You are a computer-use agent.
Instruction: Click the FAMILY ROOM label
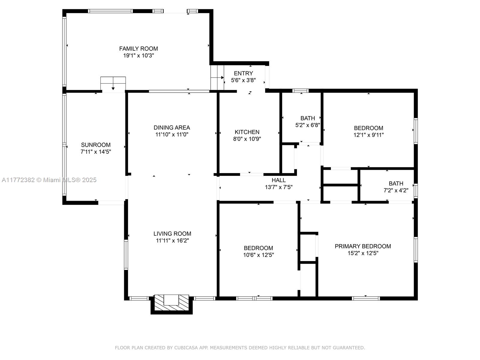tap(138, 49)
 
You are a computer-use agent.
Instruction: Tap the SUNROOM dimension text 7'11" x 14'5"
tap(96, 152)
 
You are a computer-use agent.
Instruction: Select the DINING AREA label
tap(172, 127)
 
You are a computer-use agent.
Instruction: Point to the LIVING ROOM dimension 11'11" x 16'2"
tap(172, 240)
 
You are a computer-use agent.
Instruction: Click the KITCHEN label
tap(247, 132)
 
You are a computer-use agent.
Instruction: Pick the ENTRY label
tap(243, 73)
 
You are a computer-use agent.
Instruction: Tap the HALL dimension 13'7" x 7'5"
tap(279, 187)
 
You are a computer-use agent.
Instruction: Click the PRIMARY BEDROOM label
tap(363, 246)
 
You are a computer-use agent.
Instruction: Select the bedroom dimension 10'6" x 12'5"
tap(259, 255)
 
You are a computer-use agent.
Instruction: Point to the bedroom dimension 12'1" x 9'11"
tap(368, 135)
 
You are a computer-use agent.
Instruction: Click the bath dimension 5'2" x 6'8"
tap(308, 125)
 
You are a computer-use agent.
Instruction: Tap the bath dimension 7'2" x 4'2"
tap(396, 190)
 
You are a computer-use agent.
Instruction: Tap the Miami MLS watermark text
tap(49, 180)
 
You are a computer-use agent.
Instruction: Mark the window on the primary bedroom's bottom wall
tap(366, 298)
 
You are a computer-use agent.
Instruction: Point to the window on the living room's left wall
tap(126, 255)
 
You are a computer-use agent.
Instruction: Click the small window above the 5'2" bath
tap(301, 91)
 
